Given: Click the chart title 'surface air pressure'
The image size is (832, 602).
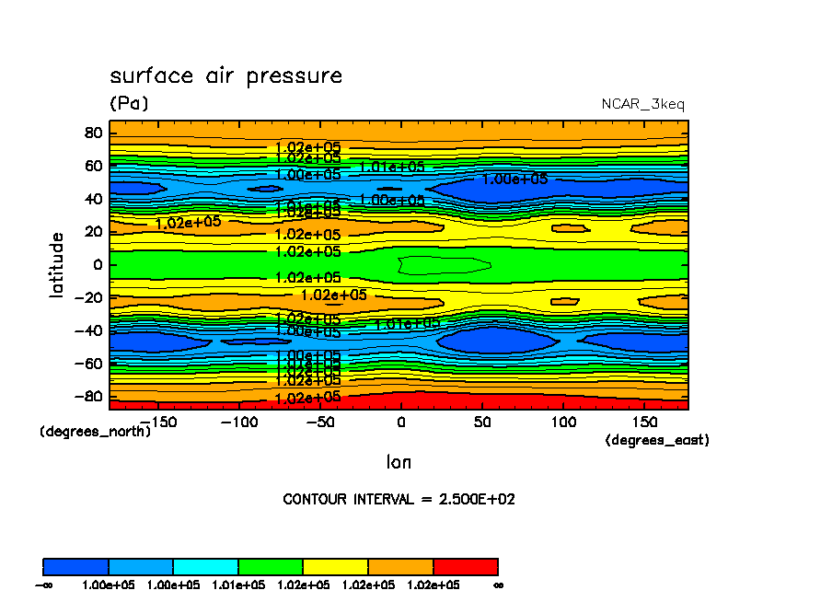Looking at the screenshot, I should click(x=225, y=75).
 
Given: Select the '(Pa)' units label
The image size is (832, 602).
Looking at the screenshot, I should click(x=128, y=103).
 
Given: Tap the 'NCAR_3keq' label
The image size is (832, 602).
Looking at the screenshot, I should click(x=642, y=104).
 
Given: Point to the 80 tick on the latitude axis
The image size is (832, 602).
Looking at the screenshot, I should click(x=92, y=133).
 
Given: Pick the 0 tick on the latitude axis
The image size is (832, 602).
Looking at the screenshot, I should click(x=97, y=264).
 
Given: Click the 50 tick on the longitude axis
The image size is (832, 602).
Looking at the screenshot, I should click(x=481, y=422).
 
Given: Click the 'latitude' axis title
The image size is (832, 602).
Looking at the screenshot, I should click(x=57, y=264).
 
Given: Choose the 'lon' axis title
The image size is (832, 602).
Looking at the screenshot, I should click(x=399, y=461).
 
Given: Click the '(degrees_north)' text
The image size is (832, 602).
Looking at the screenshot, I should click(x=95, y=431).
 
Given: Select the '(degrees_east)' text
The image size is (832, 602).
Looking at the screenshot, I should click(x=657, y=440).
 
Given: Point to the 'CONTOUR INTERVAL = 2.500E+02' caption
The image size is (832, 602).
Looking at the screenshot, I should click(x=399, y=500).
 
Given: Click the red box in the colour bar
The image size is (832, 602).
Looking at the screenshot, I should click(x=465, y=566).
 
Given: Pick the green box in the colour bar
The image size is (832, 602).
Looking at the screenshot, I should click(x=271, y=566).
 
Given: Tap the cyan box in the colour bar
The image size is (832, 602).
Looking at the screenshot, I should click(x=205, y=566).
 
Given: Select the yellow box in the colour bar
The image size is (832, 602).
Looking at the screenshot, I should click(x=335, y=566).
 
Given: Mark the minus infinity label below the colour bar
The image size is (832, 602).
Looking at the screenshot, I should click(x=42, y=585).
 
